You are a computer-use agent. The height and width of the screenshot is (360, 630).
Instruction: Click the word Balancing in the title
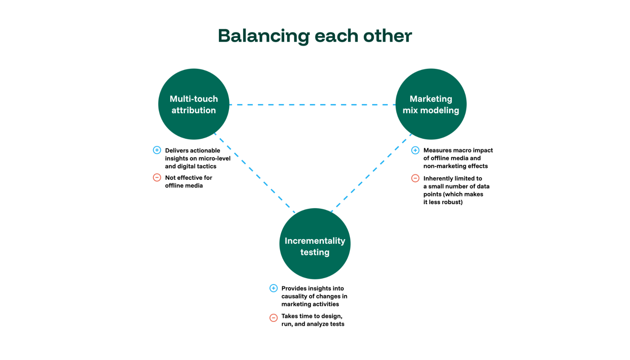click(263, 36)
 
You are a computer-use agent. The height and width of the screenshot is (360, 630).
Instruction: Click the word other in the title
click(387, 36)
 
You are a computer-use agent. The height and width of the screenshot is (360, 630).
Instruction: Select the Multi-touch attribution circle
click(194, 104)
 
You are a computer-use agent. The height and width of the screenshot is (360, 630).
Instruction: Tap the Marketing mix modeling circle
click(431, 104)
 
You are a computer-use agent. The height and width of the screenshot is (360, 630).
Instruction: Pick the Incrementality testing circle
click(315, 244)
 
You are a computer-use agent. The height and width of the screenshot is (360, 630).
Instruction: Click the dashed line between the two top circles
click(312, 105)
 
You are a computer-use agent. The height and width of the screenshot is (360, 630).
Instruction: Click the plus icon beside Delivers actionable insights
click(157, 150)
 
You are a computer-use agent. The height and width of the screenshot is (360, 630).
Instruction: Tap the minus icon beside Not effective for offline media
click(157, 177)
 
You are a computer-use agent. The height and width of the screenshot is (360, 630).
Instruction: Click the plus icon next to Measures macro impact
click(415, 150)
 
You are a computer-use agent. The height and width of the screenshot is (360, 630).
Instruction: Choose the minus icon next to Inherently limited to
click(415, 178)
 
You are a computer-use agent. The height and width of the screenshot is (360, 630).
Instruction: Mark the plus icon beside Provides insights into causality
click(274, 288)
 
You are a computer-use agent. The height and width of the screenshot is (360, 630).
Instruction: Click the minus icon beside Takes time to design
click(274, 317)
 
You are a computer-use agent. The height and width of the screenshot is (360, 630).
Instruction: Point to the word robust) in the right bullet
click(453, 202)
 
